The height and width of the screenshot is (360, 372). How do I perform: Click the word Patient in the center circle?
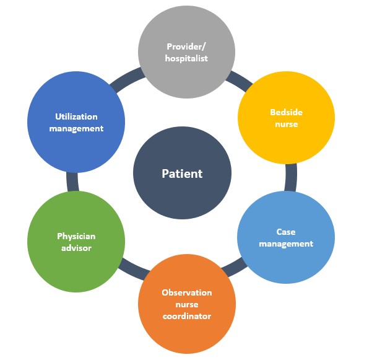[x=182, y=173]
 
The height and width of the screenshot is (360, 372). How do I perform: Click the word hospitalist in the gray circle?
[x=186, y=58]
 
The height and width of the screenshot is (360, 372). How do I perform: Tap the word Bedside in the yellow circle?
[x=286, y=112]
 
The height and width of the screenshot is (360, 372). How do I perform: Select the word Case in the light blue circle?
[x=286, y=232]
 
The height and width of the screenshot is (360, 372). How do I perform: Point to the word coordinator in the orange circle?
[x=187, y=316]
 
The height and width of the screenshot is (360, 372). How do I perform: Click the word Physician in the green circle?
[x=76, y=236]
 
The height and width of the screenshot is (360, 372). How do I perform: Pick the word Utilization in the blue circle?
[x=76, y=116]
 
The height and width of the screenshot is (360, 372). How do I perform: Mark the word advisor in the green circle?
[x=76, y=248]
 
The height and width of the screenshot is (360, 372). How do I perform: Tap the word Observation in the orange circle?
[x=187, y=292]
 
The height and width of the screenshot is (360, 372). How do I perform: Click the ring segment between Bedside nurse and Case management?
[x=291, y=178]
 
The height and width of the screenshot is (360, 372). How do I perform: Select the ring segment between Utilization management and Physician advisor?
[x=72, y=181]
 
